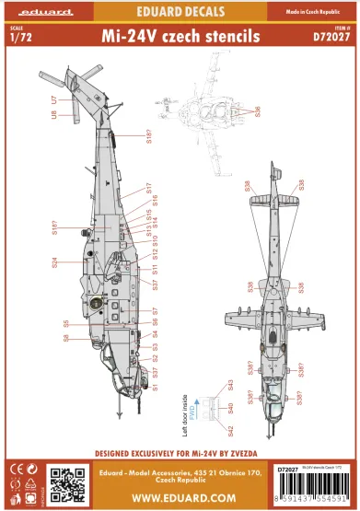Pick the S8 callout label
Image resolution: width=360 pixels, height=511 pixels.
(66, 338)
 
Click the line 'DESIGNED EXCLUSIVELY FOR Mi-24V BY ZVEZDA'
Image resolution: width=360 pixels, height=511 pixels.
(180, 454)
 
